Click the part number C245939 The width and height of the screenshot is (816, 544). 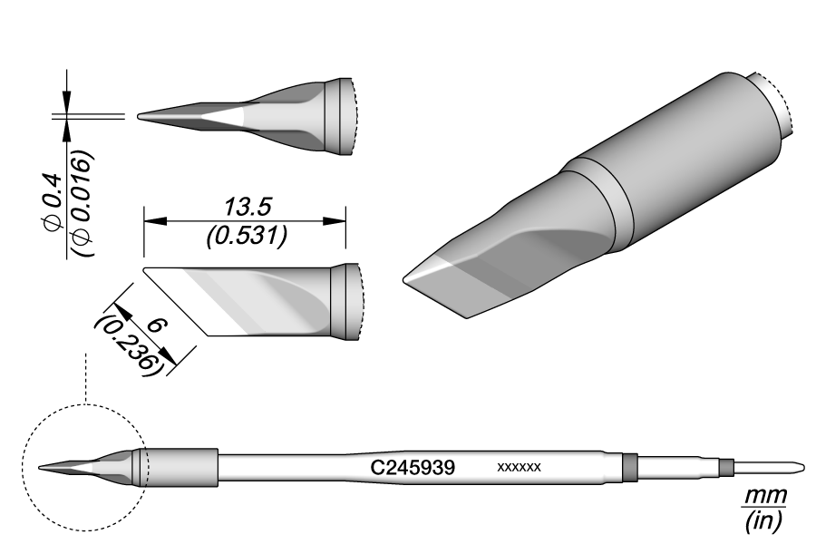click(x=413, y=468)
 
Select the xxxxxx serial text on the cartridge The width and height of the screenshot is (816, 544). click(x=520, y=468)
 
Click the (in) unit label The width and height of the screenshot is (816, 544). click(x=763, y=520)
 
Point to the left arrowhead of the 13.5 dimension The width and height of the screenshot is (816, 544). click(x=151, y=219)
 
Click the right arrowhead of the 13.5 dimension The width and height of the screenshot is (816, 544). click(x=340, y=219)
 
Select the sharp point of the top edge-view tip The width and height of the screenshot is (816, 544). click(x=138, y=116)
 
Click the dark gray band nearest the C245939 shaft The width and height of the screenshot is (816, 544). click(x=629, y=467)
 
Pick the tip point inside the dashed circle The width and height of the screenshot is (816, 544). click(x=42, y=467)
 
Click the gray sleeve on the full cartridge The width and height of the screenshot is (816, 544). click(x=181, y=467)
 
